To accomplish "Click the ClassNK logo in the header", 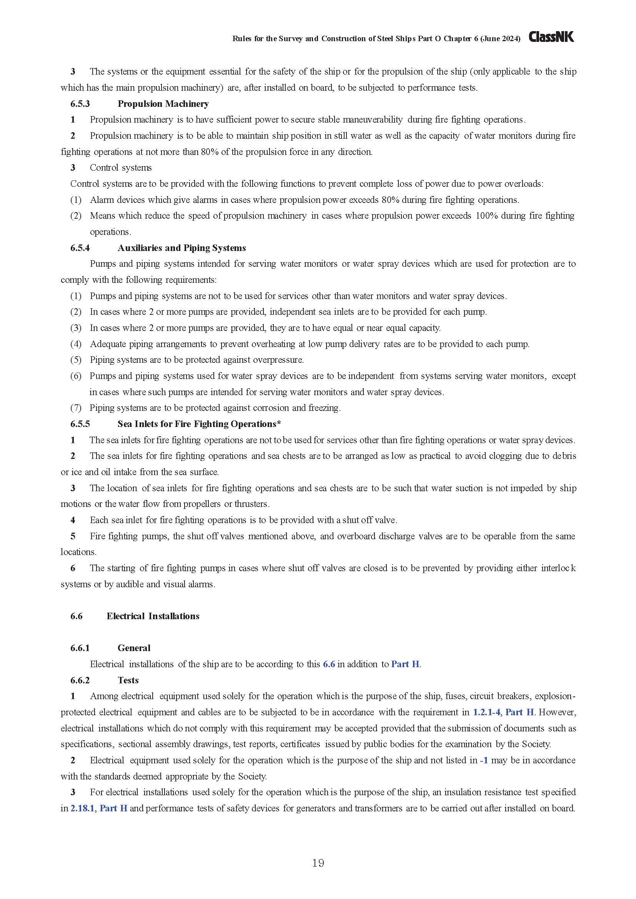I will [x=551, y=37].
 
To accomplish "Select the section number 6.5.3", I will [x=80, y=104].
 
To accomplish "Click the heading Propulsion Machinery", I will [x=163, y=104].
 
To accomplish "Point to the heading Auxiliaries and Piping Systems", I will [x=182, y=248].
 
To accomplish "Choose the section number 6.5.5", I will [x=80, y=424].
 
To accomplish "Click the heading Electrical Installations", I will [x=153, y=616].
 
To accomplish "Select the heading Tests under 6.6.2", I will [x=128, y=680].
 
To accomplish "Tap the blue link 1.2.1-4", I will [x=486, y=712].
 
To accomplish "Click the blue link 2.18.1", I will [x=82, y=808].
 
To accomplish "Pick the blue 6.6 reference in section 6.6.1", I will [x=329, y=664].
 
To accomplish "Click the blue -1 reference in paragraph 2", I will [x=484, y=760].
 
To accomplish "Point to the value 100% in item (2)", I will [x=486, y=216].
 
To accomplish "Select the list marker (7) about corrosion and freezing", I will [x=76, y=408].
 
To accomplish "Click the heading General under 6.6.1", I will [x=134, y=648].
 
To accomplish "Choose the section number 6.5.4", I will [x=80, y=248].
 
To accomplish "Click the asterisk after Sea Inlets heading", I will [x=279, y=423].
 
